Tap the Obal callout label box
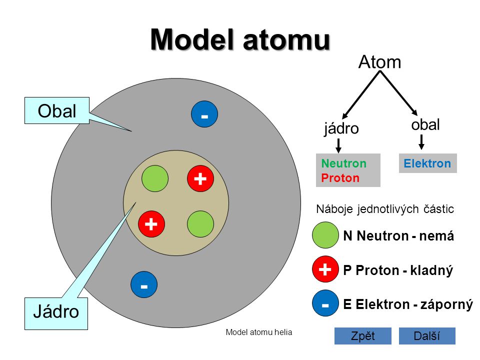[x=57, y=110]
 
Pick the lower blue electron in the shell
[x=144, y=286]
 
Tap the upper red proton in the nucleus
[x=200, y=178]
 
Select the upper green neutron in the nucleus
[x=155, y=178]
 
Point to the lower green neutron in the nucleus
[x=200, y=224]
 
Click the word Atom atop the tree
[x=380, y=62]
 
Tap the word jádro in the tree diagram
[x=341, y=128]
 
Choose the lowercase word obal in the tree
[x=425, y=124]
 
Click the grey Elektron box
[x=427, y=163]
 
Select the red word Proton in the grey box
[x=340, y=178]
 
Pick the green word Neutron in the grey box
[x=344, y=163]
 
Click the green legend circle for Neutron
[x=325, y=235]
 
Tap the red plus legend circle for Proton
[x=325, y=270]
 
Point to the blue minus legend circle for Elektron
[x=325, y=303]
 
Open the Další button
[x=427, y=336]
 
